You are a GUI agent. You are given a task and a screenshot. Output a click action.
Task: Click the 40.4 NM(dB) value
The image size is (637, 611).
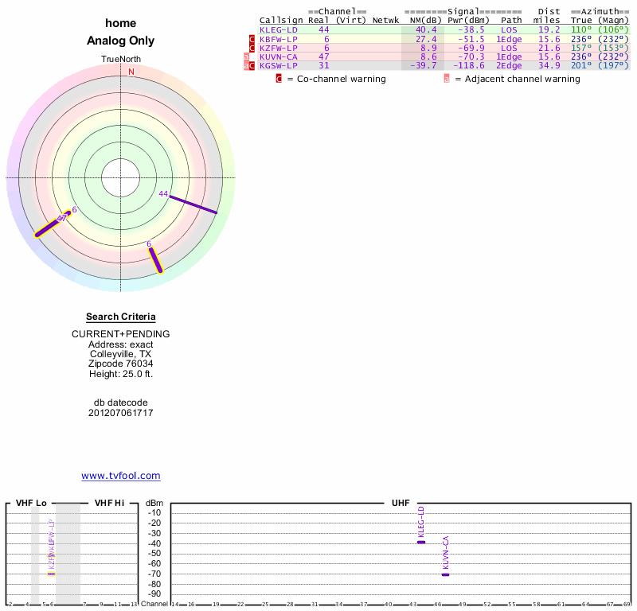pyautogui.click(x=426, y=29)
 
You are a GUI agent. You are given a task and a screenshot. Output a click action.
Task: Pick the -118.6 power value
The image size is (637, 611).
pyautogui.click(x=468, y=65)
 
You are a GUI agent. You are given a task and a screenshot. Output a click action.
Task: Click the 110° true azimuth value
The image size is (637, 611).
pyautogui.click(x=582, y=29)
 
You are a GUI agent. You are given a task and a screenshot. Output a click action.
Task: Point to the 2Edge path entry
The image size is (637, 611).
pyautogui.click(x=509, y=65)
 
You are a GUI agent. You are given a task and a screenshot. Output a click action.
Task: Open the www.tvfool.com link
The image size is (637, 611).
pyautogui.click(x=121, y=476)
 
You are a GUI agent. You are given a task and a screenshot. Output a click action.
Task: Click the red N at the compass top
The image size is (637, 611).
pyautogui.click(x=131, y=72)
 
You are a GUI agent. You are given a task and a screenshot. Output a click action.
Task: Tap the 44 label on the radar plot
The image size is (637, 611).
pyautogui.click(x=163, y=194)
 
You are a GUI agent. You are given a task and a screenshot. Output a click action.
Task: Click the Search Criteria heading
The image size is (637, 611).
pyautogui.click(x=121, y=317)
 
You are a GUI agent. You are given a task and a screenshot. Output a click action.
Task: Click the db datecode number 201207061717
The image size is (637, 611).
pyautogui.click(x=121, y=413)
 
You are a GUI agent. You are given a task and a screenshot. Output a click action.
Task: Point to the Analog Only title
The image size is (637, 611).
pyautogui.click(x=121, y=41)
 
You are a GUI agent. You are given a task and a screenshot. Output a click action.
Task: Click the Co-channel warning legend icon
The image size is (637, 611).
pyautogui.click(x=279, y=79)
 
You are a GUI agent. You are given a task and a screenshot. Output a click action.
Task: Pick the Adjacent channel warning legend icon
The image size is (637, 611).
pyautogui.click(x=447, y=79)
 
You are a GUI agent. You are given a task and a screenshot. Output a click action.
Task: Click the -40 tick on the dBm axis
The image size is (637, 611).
pyautogui.click(x=154, y=543)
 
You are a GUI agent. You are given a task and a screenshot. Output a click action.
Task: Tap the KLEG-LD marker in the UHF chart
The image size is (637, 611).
pyautogui.click(x=421, y=542)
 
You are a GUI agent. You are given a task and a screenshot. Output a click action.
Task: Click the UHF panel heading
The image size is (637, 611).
pyautogui.click(x=401, y=503)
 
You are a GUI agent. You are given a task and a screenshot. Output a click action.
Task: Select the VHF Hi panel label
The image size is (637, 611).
pyautogui.click(x=109, y=503)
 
